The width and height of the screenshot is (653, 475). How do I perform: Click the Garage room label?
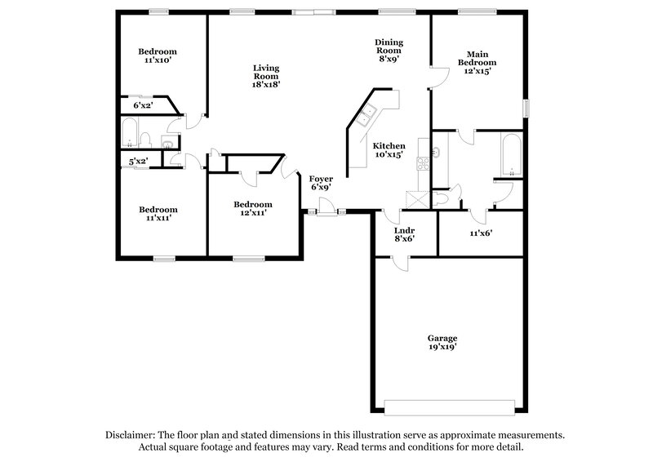pos(442,342)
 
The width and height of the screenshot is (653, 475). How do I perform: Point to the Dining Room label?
pos(389,51)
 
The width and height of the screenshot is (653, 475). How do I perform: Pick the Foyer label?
pos(320,183)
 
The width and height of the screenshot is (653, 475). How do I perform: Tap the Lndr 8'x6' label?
pos(405,233)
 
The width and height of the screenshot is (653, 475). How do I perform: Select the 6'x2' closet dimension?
pos(143,105)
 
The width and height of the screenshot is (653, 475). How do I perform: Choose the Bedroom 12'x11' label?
pos(253,208)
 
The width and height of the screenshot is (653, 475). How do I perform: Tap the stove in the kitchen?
pos(423,162)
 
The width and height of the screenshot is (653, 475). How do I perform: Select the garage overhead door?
pos(449,405)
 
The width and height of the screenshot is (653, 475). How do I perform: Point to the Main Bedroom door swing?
pos(439,77)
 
